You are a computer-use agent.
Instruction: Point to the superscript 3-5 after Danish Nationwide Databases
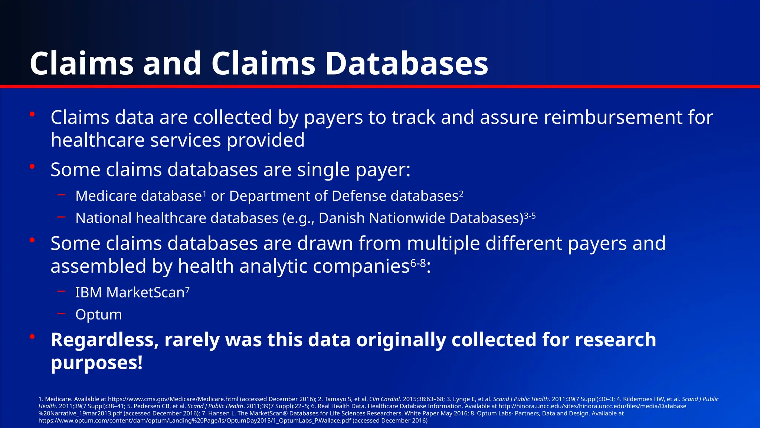[x=530, y=215]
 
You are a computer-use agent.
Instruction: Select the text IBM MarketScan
[x=130, y=292]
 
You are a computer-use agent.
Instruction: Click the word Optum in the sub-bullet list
[x=98, y=315]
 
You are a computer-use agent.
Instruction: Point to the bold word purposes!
[x=96, y=363]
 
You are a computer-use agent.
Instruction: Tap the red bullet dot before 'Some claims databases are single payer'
[x=32, y=166]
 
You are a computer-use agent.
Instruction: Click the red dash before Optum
[x=62, y=314]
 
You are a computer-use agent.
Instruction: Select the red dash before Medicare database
[x=62, y=195]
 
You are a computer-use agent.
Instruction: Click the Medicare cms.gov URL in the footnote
[x=173, y=399]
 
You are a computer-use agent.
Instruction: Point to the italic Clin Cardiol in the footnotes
[x=384, y=399]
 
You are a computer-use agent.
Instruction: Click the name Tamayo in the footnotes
[x=335, y=399]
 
